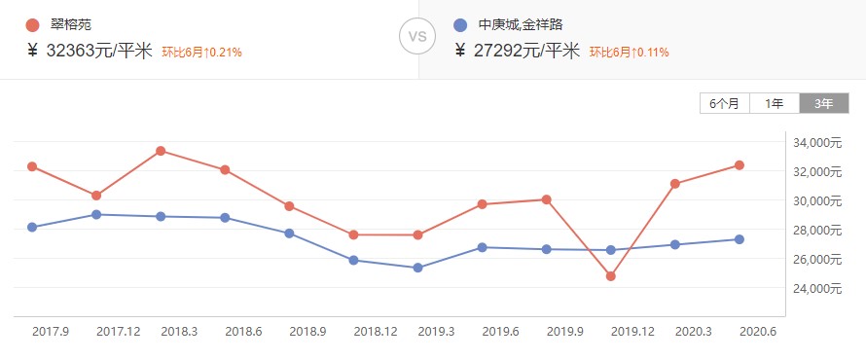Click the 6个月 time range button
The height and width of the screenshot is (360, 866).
click(725, 103)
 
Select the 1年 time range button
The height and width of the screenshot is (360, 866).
click(775, 103)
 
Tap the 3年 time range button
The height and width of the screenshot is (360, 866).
click(823, 103)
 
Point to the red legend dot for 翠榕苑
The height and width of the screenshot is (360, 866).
click(34, 24)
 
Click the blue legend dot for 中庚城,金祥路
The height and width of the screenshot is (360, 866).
click(461, 24)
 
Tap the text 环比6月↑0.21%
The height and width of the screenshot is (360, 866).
click(201, 52)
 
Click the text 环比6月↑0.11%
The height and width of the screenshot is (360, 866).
click(628, 52)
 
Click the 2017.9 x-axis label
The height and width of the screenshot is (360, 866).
click(51, 332)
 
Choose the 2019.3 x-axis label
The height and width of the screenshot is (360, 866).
click(436, 332)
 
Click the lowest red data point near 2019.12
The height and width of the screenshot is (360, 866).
click(610, 276)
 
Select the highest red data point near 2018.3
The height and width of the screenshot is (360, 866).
click(161, 151)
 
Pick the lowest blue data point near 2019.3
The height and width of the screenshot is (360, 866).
click(417, 268)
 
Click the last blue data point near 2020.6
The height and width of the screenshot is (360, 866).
click(739, 239)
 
